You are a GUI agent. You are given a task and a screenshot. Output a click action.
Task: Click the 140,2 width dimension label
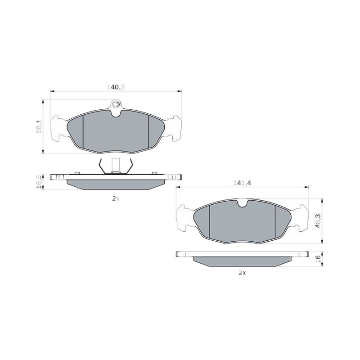coord(116,87)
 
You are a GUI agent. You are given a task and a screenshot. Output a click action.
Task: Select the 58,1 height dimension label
coord(39,126)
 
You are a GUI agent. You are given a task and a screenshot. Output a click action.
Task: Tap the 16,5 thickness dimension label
coord(39,182)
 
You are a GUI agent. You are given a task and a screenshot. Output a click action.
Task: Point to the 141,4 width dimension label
coord(243,183)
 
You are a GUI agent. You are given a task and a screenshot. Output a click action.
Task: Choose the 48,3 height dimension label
coord(318,220)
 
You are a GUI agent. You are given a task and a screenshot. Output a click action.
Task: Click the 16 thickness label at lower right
coord(318,259)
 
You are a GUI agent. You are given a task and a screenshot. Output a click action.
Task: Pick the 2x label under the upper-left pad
coord(116,199)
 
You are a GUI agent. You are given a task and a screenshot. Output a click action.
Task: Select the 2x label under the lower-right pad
coord(242,273)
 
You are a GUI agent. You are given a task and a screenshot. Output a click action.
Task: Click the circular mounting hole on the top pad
coord(116,105)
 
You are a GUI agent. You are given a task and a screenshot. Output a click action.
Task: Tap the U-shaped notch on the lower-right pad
coord(242,203)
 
